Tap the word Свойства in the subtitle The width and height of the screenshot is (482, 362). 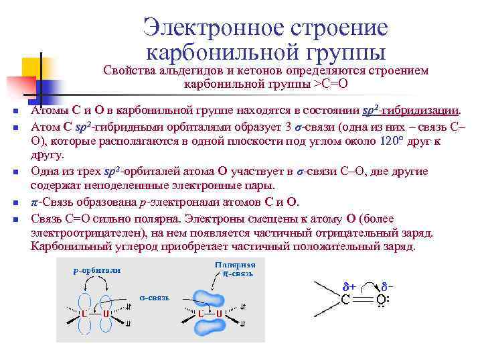[128, 70]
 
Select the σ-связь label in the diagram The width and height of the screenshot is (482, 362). [153, 296]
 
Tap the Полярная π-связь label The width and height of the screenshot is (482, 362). [235, 269]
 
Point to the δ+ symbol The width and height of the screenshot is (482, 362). [349, 285]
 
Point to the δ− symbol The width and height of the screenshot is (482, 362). [388, 285]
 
